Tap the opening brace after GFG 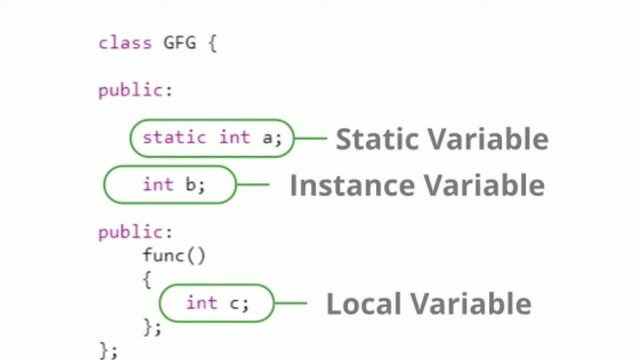(x=213, y=43)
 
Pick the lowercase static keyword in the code (x=175, y=138)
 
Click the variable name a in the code (x=267, y=138)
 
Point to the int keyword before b (x=158, y=184)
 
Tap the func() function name (x=173, y=255)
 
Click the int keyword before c (x=201, y=303)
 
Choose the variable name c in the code (x=235, y=303)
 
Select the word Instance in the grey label (x=350, y=185)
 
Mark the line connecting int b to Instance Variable (x=253, y=185)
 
